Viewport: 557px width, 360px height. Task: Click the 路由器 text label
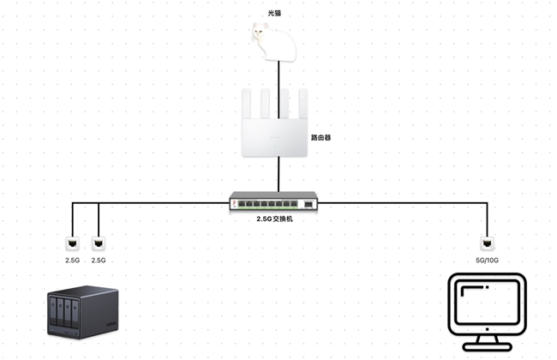pos(320,136)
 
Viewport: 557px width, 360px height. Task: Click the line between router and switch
pos(278,177)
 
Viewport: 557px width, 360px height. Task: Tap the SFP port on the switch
pos(308,205)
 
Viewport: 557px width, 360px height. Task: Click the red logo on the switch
pos(233,203)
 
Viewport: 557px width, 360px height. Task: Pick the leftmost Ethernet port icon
pos(72,243)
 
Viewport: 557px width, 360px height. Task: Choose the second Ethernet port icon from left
pos(99,243)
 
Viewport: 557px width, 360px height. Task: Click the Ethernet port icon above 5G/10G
pos(486,243)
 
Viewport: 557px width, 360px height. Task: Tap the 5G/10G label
pos(486,260)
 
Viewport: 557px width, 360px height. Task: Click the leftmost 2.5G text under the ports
pos(72,260)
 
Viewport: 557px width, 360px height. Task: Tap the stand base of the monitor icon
pos(486,346)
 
